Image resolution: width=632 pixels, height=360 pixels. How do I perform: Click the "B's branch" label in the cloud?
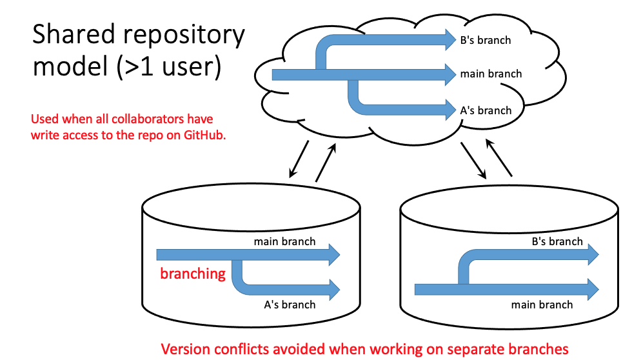(485, 40)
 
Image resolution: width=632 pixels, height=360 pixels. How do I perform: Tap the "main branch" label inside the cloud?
(491, 74)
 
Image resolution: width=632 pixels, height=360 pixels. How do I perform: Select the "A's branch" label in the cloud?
(486, 110)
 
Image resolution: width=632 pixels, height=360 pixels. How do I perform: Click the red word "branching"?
(193, 274)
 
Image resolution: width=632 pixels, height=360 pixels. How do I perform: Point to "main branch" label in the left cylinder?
(284, 241)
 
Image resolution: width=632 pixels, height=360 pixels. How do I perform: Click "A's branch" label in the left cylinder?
(290, 305)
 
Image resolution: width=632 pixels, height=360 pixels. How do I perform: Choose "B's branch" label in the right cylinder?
(557, 241)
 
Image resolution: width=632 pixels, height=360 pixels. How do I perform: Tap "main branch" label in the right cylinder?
(542, 305)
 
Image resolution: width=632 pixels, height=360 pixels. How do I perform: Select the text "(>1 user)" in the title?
(169, 66)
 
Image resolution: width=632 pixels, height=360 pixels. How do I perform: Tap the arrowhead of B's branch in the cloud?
(450, 40)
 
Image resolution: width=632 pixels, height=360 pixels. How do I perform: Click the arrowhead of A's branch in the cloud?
(450, 109)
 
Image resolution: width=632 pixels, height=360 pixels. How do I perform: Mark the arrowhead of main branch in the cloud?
(450, 75)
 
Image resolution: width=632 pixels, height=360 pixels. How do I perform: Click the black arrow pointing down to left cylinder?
(299, 159)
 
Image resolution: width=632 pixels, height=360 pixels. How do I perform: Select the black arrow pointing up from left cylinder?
(326, 163)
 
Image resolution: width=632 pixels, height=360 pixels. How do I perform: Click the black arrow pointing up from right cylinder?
(499, 157)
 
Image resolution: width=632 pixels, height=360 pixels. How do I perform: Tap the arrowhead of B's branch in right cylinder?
(593, 255)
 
